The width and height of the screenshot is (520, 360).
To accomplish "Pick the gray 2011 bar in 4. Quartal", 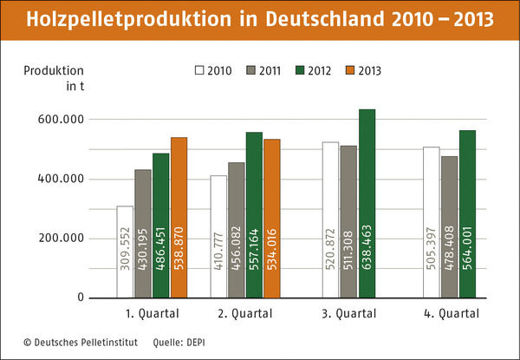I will point(449,226).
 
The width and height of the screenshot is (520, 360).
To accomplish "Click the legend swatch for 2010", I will point(199,70).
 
